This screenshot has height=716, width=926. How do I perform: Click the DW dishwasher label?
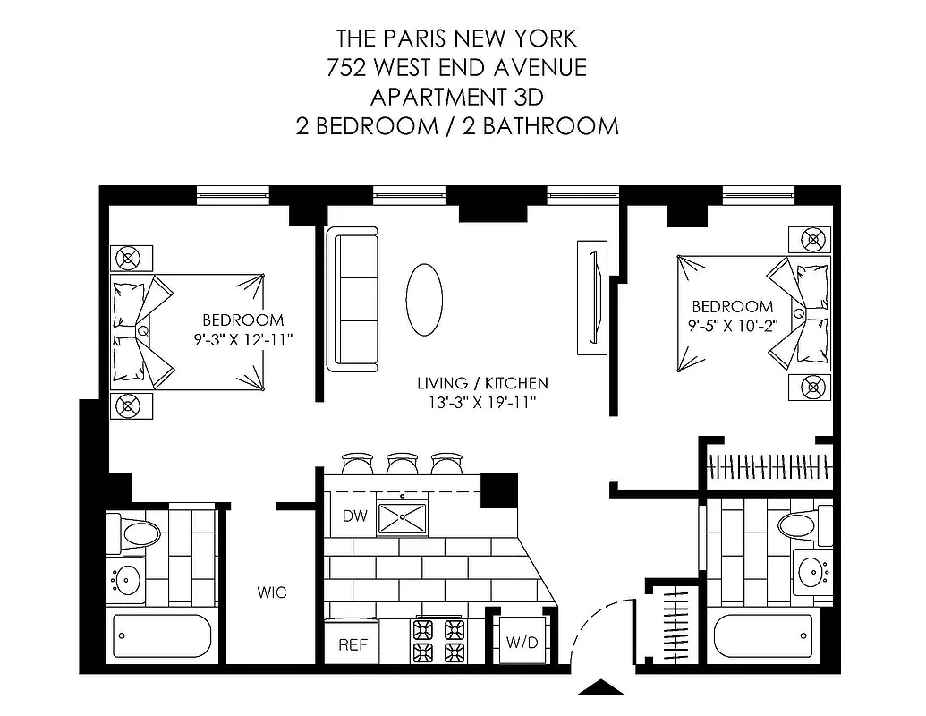click(353, 516)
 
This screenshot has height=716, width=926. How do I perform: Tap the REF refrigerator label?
click(352, 644)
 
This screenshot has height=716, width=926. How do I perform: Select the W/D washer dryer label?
click(522, 642)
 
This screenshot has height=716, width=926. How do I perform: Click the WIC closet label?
click(271, 592)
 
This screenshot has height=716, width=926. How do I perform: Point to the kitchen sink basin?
click(402, 517)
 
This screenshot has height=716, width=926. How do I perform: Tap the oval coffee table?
click(424, 298)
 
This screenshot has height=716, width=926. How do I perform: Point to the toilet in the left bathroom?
click(133, 534)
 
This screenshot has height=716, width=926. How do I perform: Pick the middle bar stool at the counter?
click(400, 463)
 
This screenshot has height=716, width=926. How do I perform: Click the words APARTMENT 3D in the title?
click(457, 95)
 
